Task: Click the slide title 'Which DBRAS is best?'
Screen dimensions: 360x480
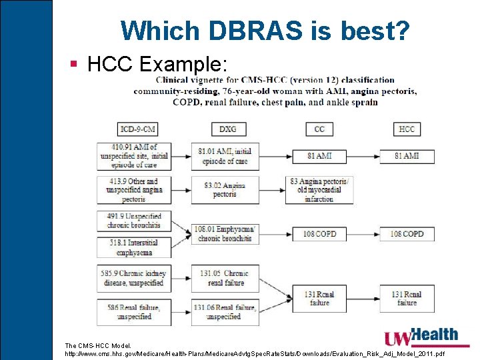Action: coord(265,30)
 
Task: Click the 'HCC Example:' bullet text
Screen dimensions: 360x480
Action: coord(157,64)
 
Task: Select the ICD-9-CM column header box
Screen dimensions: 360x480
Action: coord(137,129)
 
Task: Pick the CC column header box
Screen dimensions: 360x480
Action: coord(319,129)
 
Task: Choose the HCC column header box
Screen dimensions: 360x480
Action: coord(407,129)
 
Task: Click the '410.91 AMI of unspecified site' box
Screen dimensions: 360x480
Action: coord(133,155)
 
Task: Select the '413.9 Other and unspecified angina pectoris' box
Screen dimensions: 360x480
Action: coord(133,190)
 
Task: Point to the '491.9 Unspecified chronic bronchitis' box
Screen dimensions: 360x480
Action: coord(133,221)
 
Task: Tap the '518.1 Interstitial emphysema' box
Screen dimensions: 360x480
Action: coord(133,248)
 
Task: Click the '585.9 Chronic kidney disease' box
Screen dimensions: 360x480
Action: coord(133,278)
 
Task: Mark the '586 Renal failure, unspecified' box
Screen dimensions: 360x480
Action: coord(133,312)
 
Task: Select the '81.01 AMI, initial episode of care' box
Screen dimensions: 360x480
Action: coord(225,156)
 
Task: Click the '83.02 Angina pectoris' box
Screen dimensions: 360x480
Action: coord(225,190)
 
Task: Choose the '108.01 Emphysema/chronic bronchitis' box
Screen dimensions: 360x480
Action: coord(225,234)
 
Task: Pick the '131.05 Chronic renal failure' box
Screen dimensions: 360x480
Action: coord(225,278)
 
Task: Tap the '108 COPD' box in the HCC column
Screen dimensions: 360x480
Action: coord(407,234)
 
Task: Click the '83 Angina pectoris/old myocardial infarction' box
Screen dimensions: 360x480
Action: coord(319,190)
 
